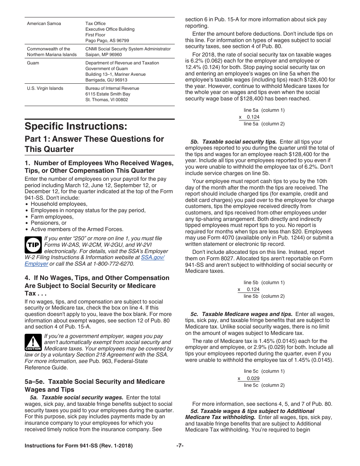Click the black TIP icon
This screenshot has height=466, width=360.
click(33, 245)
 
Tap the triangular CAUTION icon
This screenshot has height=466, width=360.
click(33, 342)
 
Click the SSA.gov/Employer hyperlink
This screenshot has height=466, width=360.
click(153, 257)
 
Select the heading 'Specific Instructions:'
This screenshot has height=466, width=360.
click(76, 126)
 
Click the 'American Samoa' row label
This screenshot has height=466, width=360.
click(44, 23)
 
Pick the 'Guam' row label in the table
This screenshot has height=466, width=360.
click(33, 63)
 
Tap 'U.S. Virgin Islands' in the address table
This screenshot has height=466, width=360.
click(45, 88)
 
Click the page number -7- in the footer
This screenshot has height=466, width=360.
click(180, 446)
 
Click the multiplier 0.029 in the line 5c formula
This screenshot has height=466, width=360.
click(253, 378)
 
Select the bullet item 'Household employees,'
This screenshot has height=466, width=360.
click(59, 204)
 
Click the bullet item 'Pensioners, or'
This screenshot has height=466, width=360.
click(49, 223)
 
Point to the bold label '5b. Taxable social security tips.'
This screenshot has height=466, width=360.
click(234, 142)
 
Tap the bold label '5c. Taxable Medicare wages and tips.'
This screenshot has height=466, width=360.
click(241, 314)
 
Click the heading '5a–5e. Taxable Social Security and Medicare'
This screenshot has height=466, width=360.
click(95, 382)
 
